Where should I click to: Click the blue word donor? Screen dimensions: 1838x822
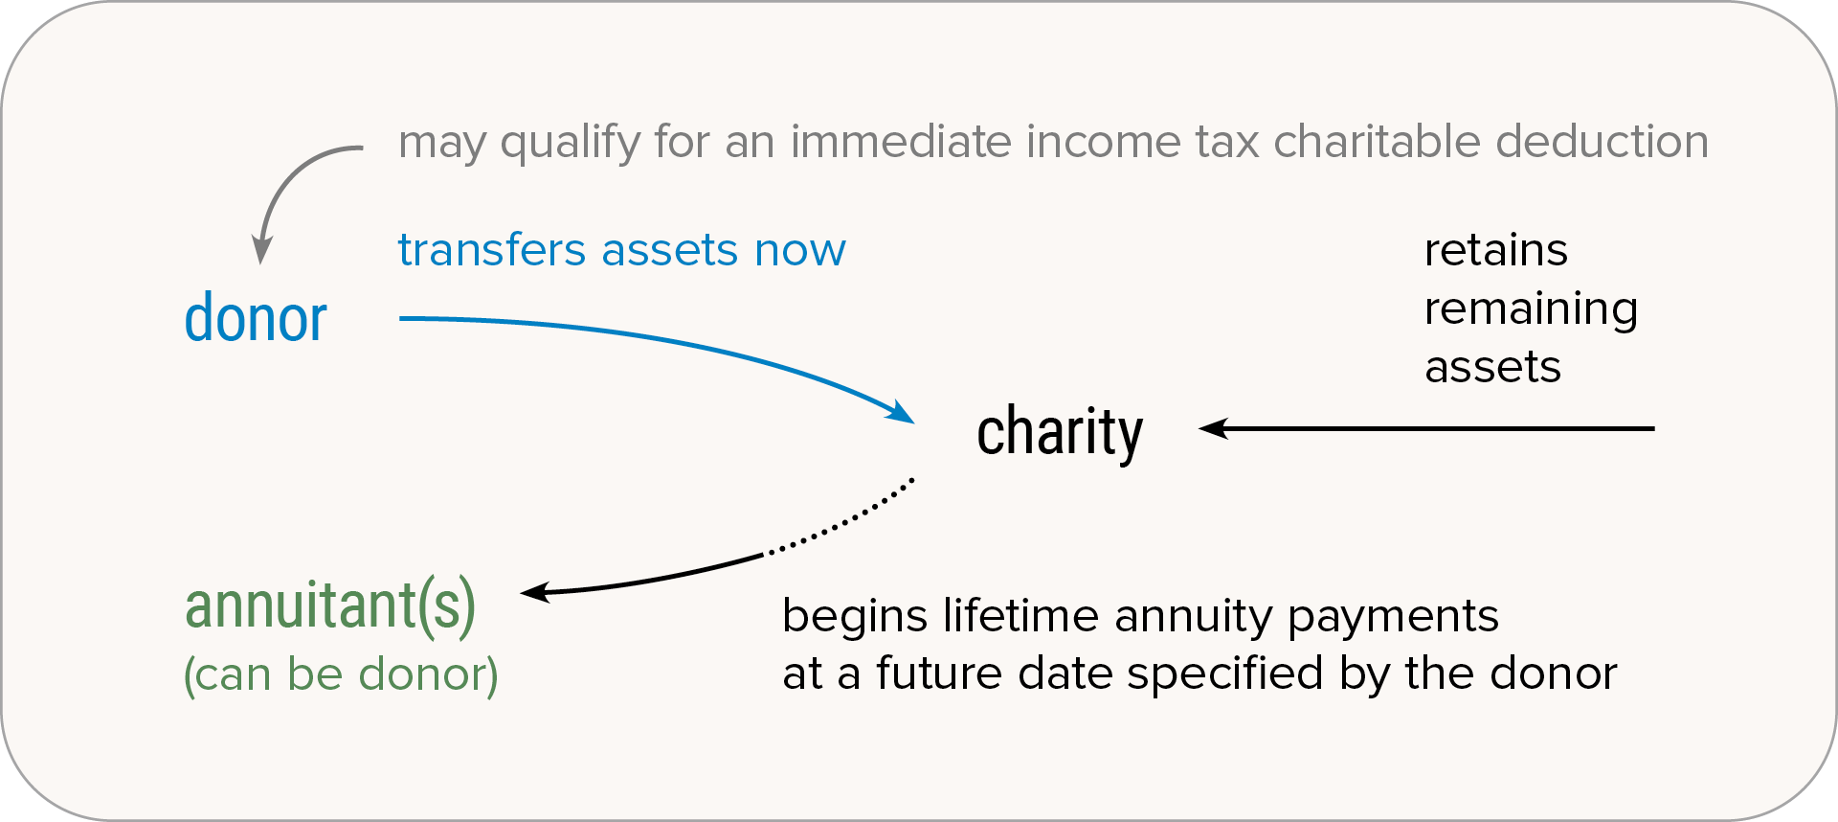(256, 318)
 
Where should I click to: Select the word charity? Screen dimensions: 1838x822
(1060, 433)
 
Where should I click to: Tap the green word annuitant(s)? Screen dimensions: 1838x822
(330, 606)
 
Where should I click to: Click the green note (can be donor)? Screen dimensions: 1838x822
(341, 674)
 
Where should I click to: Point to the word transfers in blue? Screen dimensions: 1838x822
(492, 250)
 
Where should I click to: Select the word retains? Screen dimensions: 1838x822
(1496, 251)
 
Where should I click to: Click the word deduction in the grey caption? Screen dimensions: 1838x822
(1603, 142)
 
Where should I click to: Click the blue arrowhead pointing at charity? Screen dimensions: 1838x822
(900, 412)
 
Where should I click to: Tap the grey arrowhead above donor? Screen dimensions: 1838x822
(260, 251)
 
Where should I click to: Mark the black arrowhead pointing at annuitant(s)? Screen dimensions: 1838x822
(536, 592)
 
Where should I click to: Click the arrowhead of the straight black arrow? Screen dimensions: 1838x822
(1214, 428)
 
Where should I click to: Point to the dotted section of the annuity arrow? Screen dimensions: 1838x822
(841, 521)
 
